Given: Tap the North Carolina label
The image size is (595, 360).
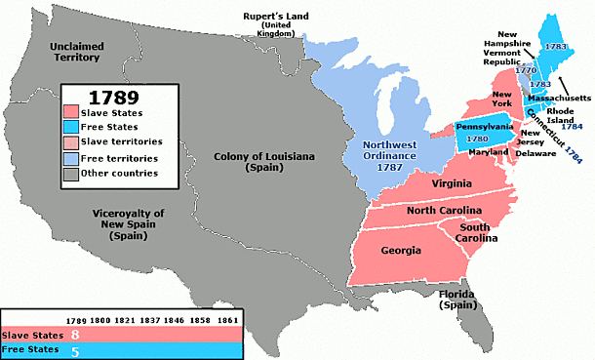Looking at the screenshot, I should [x=444, y=212].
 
